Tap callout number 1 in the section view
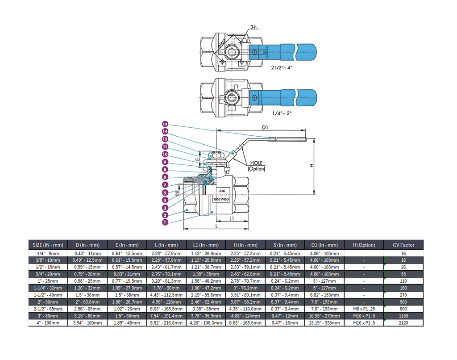point(165,222)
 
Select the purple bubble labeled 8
point(165,169)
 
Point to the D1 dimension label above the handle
point(265,128)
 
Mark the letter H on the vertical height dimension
point(312,165)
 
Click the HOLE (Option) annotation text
point(257,166)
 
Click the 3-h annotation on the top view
point(254,28)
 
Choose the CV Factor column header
point(403,245)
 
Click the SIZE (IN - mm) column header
point(48,245)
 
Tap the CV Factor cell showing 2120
point(403,322)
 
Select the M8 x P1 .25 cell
point(364,308)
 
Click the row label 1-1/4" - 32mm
point(48,288)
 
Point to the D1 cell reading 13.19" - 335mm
point(324,322)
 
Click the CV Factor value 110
point(403,280)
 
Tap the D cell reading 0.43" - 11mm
point(88,253)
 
